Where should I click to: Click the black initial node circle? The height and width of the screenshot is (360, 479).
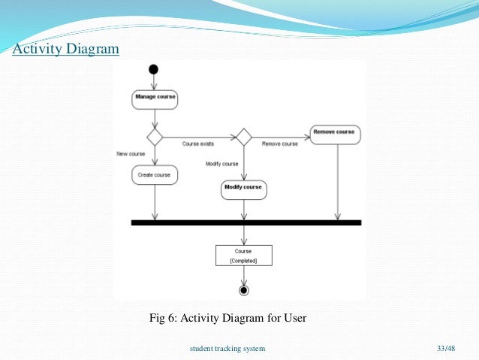154,70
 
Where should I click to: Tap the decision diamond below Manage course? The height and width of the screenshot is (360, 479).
155,138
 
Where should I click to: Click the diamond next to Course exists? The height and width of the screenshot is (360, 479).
243,138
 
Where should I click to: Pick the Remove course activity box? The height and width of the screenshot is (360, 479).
334,133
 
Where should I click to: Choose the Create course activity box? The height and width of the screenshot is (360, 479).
155,175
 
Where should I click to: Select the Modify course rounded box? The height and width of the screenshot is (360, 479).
244,188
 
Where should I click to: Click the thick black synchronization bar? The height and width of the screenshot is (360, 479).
246,223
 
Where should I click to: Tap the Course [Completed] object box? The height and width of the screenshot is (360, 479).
243,256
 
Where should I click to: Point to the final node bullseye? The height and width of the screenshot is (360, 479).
243,290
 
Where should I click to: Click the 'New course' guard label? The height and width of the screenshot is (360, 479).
131,153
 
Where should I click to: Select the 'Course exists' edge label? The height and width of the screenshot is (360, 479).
198,144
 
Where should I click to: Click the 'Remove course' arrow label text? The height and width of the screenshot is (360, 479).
280,144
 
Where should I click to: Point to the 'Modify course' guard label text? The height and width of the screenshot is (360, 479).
221,163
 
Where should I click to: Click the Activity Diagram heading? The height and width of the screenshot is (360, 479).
65,50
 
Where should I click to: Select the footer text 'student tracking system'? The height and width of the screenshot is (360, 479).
227,349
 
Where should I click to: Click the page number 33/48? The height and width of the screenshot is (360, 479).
445,349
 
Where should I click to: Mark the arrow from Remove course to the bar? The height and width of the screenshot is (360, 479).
337,180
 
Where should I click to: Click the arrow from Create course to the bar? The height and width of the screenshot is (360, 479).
155,202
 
